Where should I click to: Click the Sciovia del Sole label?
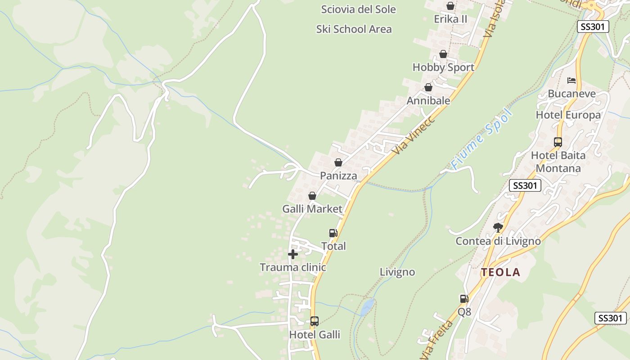click(358, 9)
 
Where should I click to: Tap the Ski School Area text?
click(354, 29)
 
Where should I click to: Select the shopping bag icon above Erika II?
click(450, 6)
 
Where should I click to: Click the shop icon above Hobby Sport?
click(443, 54)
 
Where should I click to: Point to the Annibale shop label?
click(428, 101)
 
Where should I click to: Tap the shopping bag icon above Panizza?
click(338, 162)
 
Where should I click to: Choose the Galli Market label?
click(312, 209)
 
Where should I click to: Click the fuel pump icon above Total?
click(333, 233)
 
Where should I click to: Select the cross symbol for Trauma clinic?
click(293, 255)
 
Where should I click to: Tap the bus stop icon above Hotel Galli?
click(315, 321)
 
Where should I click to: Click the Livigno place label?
click(397, 272)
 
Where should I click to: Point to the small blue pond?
click(367, 307)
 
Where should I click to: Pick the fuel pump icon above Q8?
click(464, 298)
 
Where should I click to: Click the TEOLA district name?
click(500, 272)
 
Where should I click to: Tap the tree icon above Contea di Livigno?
click(498, 228)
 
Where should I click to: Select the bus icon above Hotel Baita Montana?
click(558, 142)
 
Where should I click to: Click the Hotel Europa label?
click(568, 115)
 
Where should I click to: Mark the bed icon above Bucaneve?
click(571, 81)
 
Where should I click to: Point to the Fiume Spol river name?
click(481, 139)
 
